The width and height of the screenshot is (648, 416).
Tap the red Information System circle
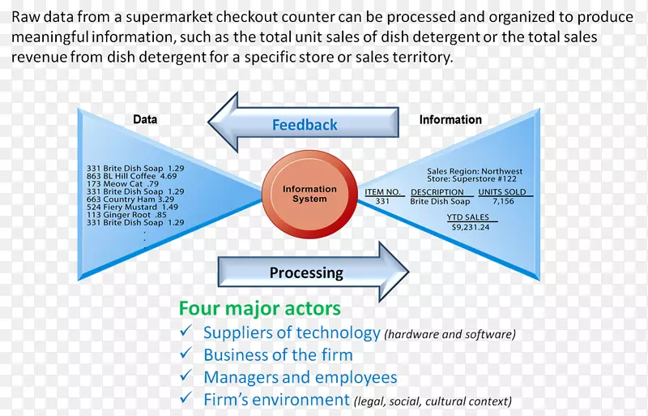(309, 194)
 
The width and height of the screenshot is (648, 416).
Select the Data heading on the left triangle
(145, 119)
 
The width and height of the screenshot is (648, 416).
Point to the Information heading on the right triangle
(450, 119)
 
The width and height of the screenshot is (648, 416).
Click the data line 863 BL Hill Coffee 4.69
(131, 176)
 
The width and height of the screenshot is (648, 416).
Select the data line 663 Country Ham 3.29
(130, 199)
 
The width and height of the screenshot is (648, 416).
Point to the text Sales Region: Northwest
(475, 172)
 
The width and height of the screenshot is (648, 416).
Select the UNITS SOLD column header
(502, 192)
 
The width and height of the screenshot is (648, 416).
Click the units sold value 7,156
(502, 201)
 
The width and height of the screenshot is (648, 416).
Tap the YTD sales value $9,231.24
(470, 228)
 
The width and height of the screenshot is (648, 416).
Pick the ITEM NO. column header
(383, 192)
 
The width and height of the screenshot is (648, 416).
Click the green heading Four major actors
(259, 308)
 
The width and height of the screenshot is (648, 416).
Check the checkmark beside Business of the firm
(186, 354)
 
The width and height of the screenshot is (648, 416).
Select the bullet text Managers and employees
(300, 377)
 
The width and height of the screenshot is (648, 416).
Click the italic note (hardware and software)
(450, 333)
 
